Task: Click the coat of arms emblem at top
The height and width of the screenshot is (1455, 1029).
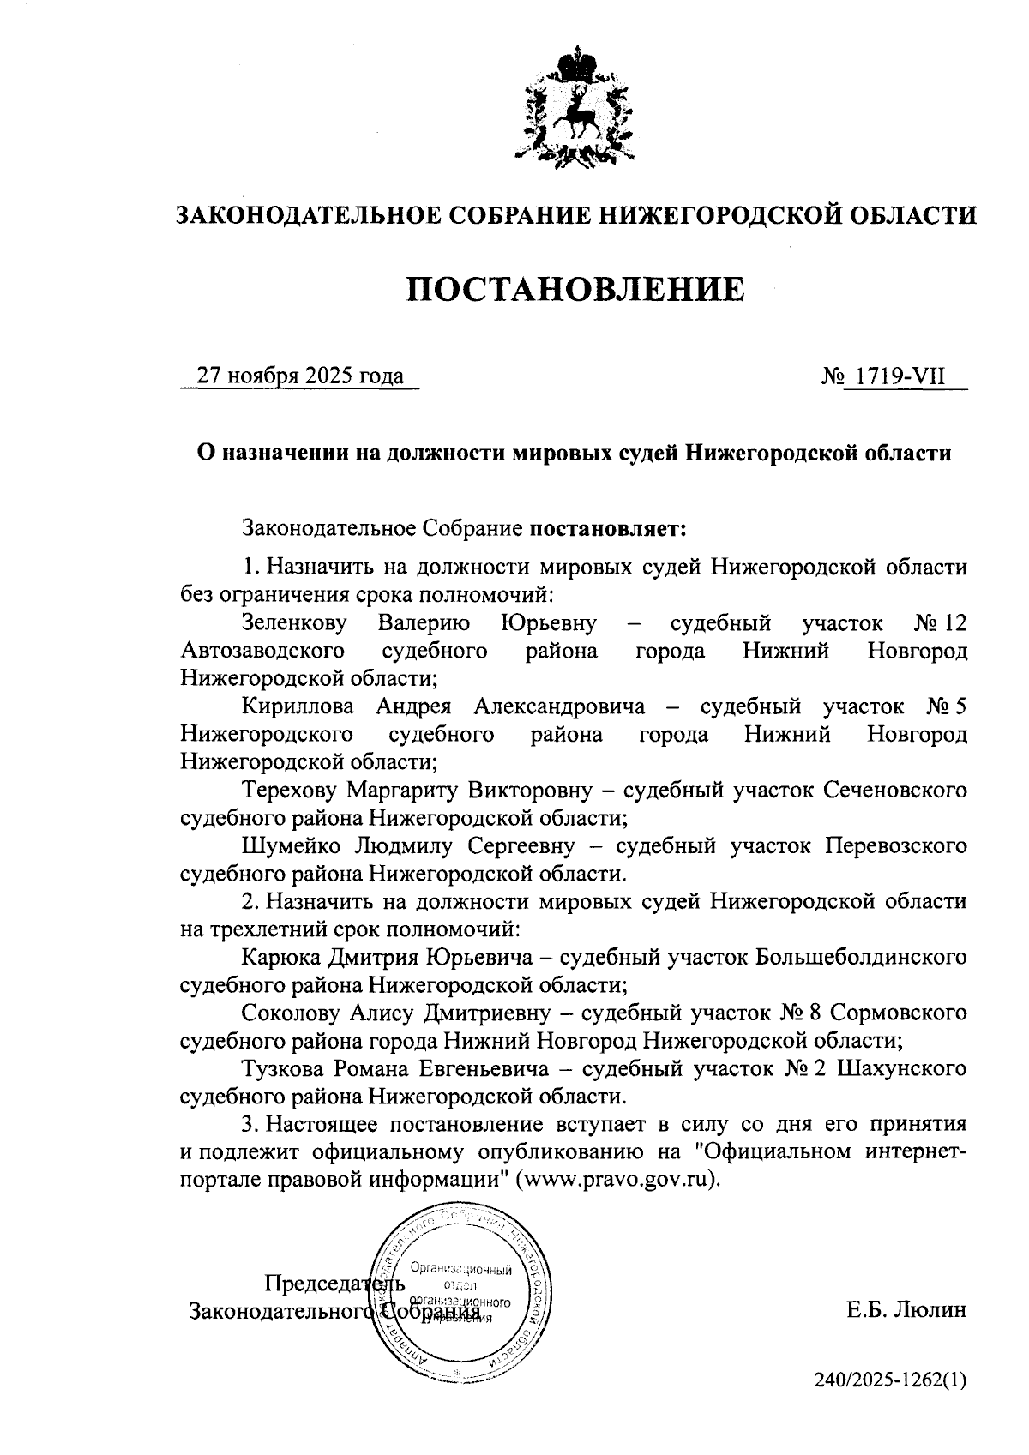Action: [x=575, y=109]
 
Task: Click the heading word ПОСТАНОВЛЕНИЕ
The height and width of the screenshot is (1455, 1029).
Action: [x=575, y=290]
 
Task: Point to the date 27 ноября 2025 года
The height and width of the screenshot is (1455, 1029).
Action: [x=300, y=376]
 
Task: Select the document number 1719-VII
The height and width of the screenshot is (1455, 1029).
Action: [x=900, y=376]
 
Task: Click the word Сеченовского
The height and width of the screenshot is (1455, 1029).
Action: [x=894, y=789]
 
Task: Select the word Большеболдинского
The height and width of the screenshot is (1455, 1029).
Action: [x=861, y=956]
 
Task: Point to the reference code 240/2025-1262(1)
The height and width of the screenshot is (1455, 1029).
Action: [x=890, y=1380]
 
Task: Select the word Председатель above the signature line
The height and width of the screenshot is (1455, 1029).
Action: [x=333, y=1284]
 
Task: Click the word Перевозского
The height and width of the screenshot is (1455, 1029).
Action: [x=896, y=845]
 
